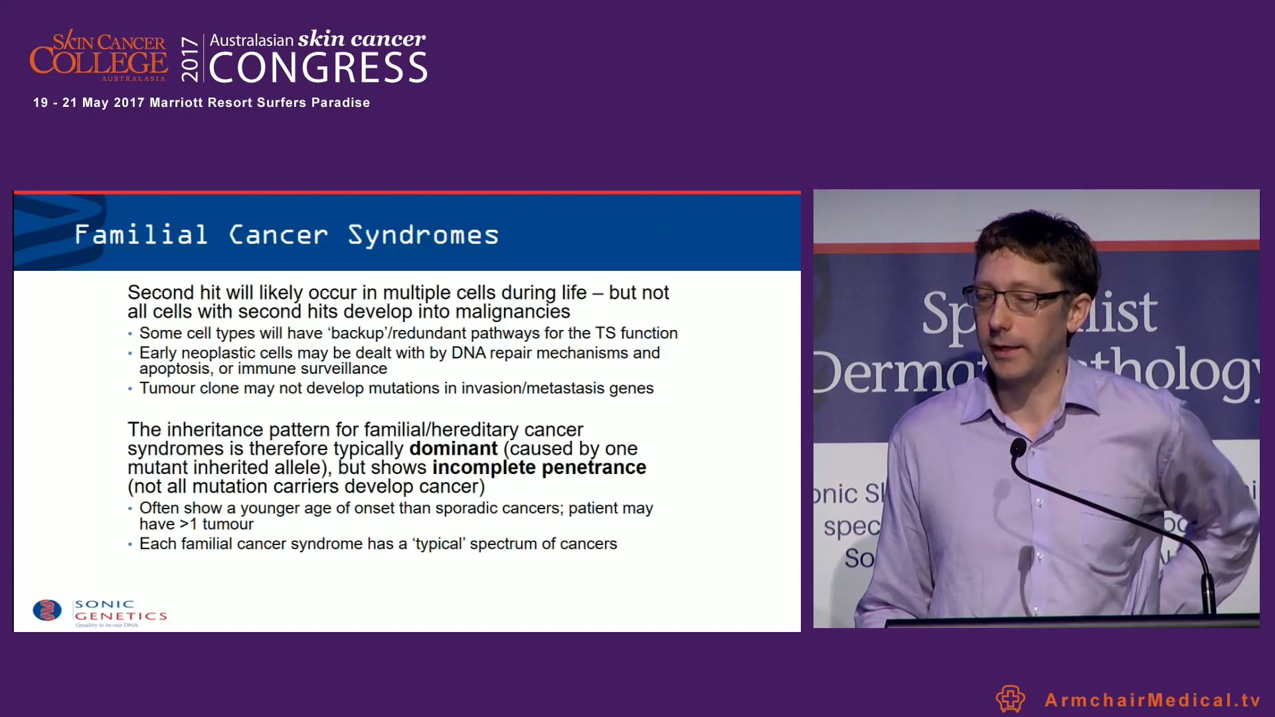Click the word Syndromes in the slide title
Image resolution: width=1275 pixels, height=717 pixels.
click(x=423, y=235)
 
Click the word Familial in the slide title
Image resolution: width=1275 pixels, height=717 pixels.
click(x=141, y=235)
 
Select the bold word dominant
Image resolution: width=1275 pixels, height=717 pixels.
click(x=453, y=449)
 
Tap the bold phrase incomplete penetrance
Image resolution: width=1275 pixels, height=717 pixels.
click(x=539, y=467)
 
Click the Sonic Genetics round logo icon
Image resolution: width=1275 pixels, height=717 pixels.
click(x=47, y=610)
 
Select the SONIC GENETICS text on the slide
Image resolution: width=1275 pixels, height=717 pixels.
click(x=120, y=610)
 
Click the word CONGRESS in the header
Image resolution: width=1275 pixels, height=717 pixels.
click(x=318, y=68)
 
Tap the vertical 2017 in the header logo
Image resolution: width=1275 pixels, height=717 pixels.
click(x=190, y=60)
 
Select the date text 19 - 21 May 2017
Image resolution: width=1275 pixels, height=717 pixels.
click(x=88, y=103)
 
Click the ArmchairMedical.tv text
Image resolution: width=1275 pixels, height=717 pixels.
click(x=1152, y=700)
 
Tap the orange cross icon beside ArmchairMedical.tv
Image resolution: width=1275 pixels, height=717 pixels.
click(x=1010, y=698)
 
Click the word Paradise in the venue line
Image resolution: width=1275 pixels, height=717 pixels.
click(x=340, y=103)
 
